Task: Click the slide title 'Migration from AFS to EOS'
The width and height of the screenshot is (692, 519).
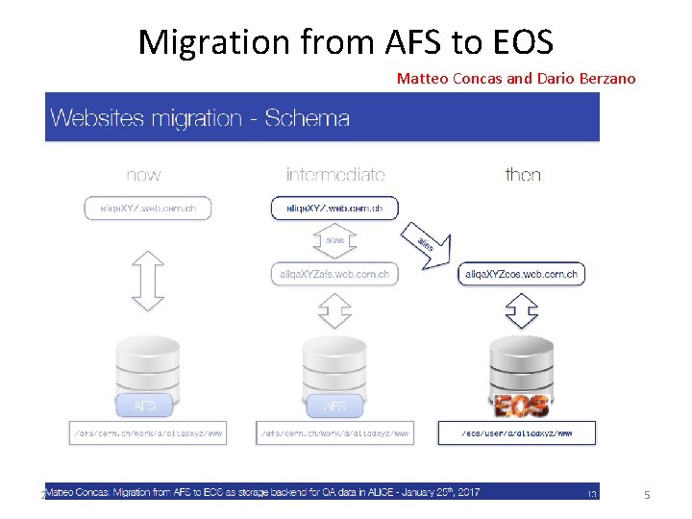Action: pos(345,42)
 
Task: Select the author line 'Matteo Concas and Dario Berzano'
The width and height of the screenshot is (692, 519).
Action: pos(516,79)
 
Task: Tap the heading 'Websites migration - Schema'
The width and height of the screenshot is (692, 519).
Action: pos(200,119)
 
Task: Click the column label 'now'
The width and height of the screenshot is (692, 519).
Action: pos(143,175)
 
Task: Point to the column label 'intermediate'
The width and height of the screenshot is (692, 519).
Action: pos(335,175)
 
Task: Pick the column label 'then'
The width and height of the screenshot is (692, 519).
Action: pos(523,175)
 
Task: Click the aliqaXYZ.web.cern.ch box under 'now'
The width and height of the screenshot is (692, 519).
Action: pos(147,208)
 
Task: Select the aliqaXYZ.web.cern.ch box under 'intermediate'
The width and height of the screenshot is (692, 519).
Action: pos(334,208)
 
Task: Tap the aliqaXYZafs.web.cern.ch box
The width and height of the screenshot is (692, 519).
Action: pos(334,274)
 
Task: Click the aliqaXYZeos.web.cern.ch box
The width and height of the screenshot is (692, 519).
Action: pos(522,274)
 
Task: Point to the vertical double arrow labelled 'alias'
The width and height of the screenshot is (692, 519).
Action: pos(334,240)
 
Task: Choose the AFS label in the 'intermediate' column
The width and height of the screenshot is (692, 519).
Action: pos(334,406)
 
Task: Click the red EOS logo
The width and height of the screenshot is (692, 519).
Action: pos(520,405)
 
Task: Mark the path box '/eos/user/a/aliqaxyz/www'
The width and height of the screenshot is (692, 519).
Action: pos(517,433)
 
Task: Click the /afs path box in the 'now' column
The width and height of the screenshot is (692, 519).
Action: pos(148,433)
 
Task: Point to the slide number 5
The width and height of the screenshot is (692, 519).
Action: pos(647,494)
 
